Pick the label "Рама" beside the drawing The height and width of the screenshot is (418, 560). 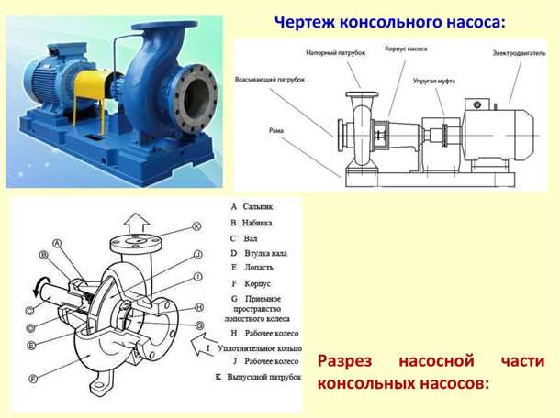click(x=275, y=131)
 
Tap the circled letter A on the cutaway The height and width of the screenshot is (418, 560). click(x=57, y=244)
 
